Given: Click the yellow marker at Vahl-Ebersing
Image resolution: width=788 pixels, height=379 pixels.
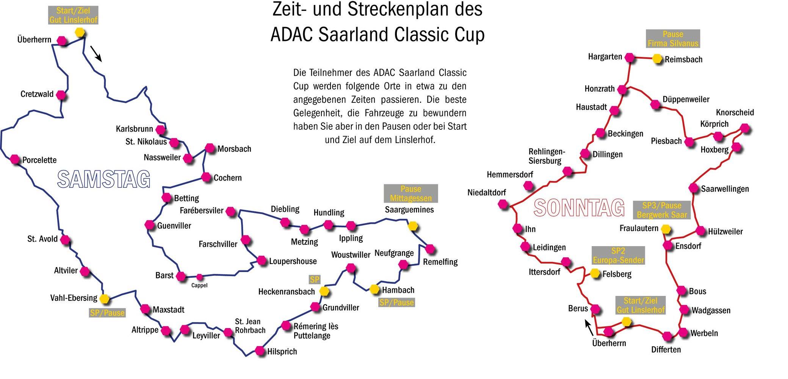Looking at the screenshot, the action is [x=104, y=299].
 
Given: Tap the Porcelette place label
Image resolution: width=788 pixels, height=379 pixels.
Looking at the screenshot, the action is [x=39, y=160].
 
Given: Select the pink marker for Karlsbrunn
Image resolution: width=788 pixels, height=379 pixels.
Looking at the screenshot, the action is [x=161, y=129].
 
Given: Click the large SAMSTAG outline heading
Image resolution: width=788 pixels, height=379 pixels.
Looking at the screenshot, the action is [x=104, y=179].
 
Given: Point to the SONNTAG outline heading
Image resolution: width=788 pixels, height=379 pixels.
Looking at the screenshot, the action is [x=579, y=208].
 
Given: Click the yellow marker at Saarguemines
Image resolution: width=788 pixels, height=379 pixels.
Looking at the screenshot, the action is [x=412, y=226].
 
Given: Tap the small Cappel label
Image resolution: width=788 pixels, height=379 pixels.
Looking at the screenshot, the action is [x=199, y=285].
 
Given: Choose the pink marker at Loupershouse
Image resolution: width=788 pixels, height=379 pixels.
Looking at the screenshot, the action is [x=262, y=261].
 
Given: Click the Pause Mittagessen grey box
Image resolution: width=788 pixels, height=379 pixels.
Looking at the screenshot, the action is [x=411, y=193].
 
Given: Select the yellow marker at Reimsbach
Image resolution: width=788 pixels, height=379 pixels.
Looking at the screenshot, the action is [x=657, y=59].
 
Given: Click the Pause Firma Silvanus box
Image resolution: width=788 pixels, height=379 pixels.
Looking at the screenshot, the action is [x=673, y=39].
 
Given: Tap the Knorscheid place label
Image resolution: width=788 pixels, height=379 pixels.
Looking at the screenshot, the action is [x=735, y=112].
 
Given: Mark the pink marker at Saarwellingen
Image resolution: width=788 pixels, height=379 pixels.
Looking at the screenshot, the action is [x=694, y=188].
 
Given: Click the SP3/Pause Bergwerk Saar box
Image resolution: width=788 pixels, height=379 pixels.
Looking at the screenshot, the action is [x=662, y=210].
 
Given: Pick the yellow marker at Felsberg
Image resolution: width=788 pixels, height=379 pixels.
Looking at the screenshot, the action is [x=595, y=273].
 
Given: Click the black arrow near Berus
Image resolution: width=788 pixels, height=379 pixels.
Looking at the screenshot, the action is [x=590, y=328].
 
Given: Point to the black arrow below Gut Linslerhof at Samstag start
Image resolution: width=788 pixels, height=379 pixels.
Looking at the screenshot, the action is [x=96, y=53].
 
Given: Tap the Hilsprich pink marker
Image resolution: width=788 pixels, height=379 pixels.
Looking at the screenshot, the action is [x=260, y=351].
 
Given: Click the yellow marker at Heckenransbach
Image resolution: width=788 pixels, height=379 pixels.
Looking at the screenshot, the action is [x=324, y=291].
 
